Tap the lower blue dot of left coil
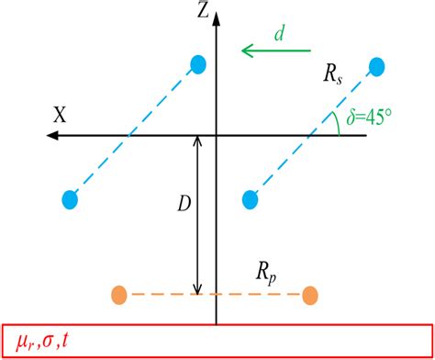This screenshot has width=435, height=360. [x=68, y=197]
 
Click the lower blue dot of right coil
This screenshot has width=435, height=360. [x=247, y=197]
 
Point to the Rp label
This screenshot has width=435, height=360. [x=273, y=274]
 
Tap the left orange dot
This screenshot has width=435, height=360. [x=118, y=295]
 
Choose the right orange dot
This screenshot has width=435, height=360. [x=310, y=295]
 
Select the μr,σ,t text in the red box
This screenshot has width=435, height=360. [x=50, y=342]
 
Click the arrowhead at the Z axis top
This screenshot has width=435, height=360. [x=215, y=9]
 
